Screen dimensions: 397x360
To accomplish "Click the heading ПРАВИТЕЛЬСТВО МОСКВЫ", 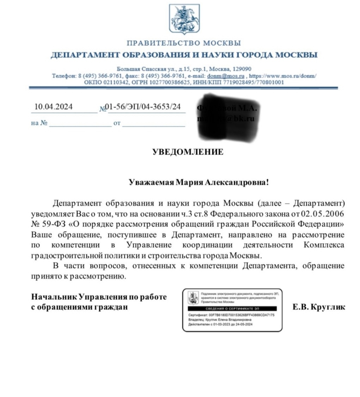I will click(183, 43).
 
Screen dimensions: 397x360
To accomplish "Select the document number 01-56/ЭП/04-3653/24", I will click(144, 106).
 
